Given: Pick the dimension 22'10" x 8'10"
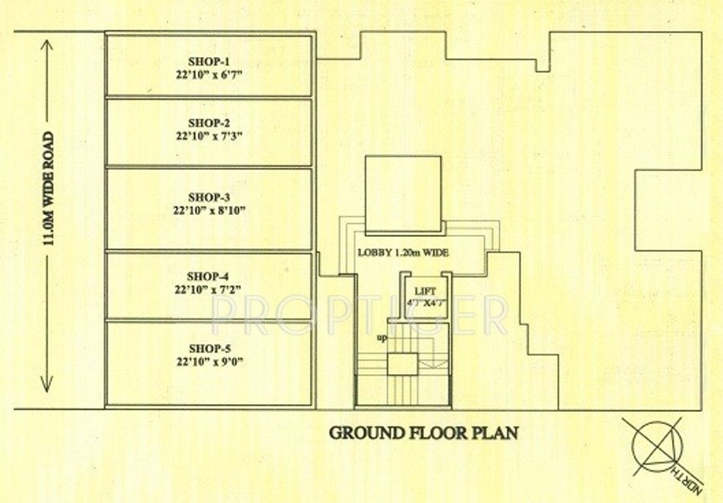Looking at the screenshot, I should pyautogui.click(x=209, y=210).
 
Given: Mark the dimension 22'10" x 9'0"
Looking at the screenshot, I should pyautogui.click(x=209, y=362).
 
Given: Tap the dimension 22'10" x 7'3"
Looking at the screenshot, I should pyautogui.click(x=209, y=136).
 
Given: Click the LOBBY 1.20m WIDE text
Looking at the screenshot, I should pyautogui.click(x=403, y=253).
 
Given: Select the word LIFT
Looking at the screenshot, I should pyautogui.click(x=420, y=290).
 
